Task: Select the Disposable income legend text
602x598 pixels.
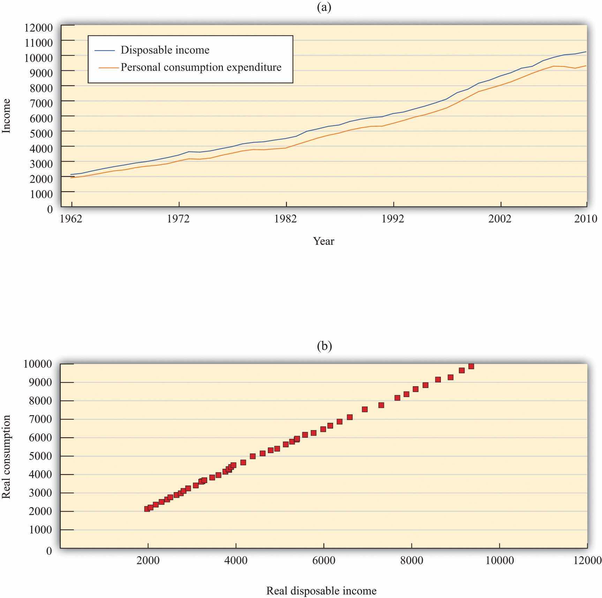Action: [x=165, y=50]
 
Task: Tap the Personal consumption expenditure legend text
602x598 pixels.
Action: [x=201, y=67]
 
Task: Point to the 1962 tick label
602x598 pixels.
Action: [x=72, y=219]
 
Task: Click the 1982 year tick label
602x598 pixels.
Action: [x=286, y=219]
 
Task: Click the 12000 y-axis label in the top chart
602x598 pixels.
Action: [x=38, y=28]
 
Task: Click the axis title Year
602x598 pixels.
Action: [x=324, y=241]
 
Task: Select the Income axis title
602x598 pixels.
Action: [x=7, y=116]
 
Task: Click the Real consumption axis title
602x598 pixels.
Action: [x=7, y=457]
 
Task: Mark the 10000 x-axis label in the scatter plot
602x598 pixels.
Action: [x=500, y=560]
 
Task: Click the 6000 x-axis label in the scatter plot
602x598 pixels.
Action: [x=324, y=560]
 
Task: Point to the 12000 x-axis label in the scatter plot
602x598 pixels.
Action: [x=588, y=560]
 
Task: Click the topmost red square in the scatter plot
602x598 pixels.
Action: [x=471, y=366]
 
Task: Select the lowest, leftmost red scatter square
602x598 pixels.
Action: [x=147, y=509]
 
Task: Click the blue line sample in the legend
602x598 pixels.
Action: [x=105, y=50]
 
